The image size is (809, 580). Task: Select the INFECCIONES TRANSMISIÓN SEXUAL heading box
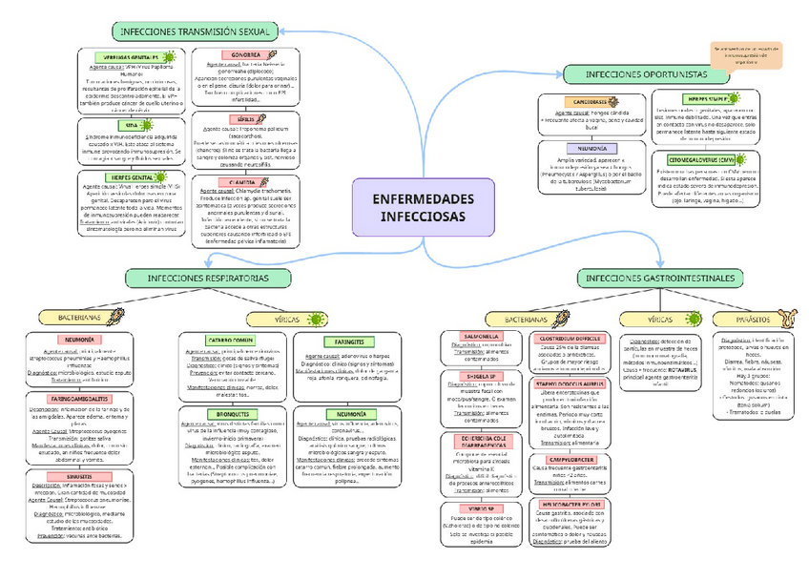pyautogui.click(x=194, y=31)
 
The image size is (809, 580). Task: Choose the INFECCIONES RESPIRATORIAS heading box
pyautogui.click(x=208, y=277)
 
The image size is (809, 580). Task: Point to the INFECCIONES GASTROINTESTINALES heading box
pyautogui.click(x=661, y=277)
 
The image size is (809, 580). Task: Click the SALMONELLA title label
pyautogui.click(x=481, y=337)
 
